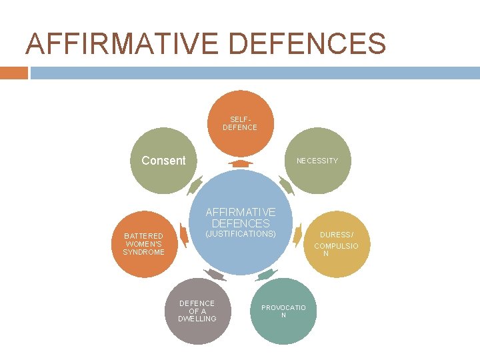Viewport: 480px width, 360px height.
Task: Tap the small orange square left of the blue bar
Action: [13, 73]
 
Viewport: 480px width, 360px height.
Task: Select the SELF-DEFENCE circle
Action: [240, 123]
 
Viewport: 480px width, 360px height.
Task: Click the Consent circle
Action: [163, 161]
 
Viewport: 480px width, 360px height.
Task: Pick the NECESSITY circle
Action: [317, 161]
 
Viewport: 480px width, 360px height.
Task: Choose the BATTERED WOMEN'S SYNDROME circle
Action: [144, 244]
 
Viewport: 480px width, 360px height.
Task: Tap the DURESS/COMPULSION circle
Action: [336, 244]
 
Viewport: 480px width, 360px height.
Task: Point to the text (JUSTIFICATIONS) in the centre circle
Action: [240, 235]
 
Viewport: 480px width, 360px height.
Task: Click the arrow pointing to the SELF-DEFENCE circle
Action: [240, 163]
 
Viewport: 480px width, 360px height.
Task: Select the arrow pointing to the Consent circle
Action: [195, 185]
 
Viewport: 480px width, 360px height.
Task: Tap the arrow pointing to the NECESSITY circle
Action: [285, 185]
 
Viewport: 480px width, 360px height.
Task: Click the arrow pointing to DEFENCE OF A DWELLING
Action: [215, 274]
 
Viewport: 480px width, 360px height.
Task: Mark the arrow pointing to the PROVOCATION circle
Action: [265, 274]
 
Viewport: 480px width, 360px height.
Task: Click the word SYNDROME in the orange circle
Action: [143, 252]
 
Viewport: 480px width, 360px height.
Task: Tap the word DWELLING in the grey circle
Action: [197, 319]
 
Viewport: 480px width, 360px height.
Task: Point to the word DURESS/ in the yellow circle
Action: [337, 235]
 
